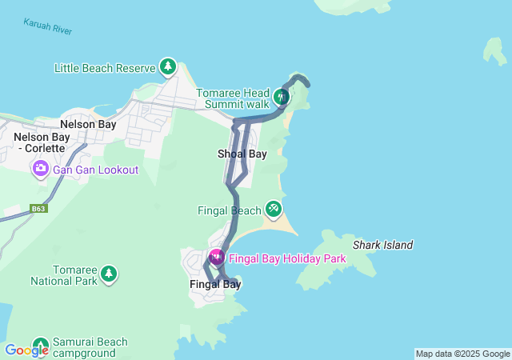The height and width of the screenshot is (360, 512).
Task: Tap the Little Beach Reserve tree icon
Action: [x=168, y=67]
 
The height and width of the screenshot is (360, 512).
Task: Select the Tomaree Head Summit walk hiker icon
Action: [x=281, y=98]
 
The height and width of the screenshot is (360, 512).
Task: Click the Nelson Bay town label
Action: [x=88, y=125]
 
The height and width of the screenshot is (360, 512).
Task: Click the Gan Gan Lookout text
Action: [x=95, y=170]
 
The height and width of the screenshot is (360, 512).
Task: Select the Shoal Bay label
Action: [x=242, y=154]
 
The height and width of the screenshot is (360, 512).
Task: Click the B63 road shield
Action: [x=38, y=209]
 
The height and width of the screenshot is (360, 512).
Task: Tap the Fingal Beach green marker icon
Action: [x=274, y=210]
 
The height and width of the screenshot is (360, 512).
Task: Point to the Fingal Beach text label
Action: [x=229, y=210]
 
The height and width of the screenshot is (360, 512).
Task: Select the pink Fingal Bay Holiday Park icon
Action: [x=216, y=258]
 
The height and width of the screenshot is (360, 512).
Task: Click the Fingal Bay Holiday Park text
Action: [x=287, y=258]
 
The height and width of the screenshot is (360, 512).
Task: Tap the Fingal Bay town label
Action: [x=214, y=284]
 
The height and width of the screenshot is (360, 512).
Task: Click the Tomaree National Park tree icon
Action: [x=109, y=275]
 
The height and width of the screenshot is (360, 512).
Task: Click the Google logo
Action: [x=26, y=350]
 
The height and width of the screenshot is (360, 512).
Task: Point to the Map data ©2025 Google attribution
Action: [x=462, y=354]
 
